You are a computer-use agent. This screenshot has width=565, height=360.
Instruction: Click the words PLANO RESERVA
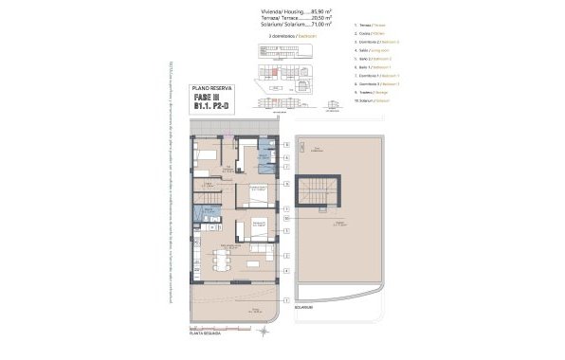pyautogui.click(x=213, y=87)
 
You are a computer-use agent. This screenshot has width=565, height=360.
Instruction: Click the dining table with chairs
pyautogui.click(x=224, y=259)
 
